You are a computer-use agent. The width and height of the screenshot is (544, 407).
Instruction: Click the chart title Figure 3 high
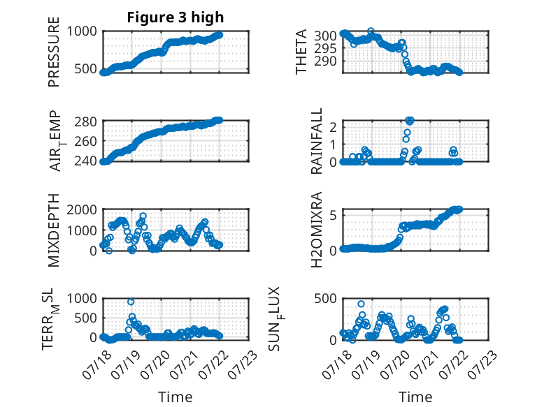[176, 17]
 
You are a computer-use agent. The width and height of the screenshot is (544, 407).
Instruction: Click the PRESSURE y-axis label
[54, 52]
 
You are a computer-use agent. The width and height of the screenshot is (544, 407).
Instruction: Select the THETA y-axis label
[301, 52]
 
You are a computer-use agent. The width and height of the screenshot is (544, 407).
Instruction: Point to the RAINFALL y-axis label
[317, 141]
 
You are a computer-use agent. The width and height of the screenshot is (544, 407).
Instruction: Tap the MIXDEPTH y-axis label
[54, 230]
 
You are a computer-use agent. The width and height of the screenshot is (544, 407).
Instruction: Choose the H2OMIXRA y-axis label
[317, 230]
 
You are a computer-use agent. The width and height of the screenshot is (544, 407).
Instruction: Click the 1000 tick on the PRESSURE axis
[82, 31]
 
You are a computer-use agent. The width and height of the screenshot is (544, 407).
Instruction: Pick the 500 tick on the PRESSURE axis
[86, 68]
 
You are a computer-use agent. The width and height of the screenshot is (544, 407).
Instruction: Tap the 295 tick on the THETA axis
[325, 48]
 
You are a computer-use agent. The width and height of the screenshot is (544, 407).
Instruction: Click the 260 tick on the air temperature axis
[86, 141]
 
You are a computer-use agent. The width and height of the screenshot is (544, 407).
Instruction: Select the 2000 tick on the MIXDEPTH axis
[82, 209]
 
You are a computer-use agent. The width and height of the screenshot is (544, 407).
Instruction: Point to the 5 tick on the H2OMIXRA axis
[334, 216]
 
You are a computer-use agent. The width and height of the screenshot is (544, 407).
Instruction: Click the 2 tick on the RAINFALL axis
[334, 127]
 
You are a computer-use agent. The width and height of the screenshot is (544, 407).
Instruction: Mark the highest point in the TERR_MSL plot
[131, 302]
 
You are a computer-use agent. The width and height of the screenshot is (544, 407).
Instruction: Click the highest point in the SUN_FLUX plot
[362, 304]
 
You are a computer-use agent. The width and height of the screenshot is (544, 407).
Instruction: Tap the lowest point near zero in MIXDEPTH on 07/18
[109, 251]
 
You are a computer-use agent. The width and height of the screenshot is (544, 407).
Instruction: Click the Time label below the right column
[415, 397]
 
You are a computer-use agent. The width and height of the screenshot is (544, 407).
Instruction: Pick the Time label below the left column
[176, 397]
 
